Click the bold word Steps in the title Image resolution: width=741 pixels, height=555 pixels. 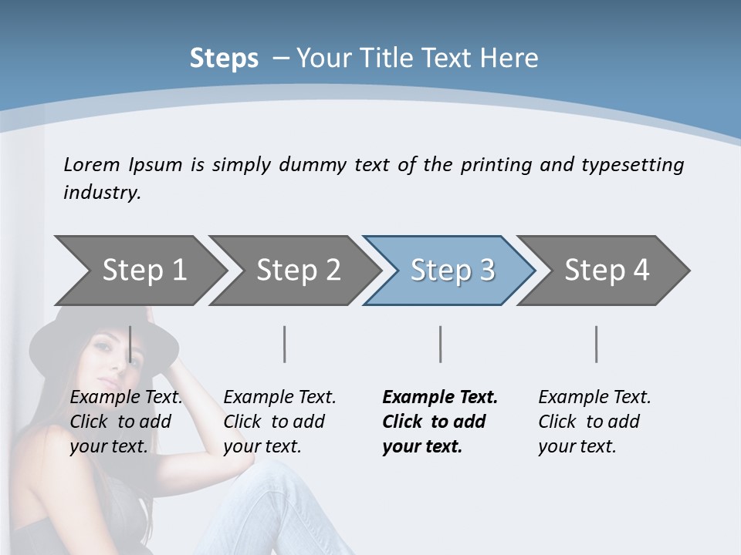[224, 59]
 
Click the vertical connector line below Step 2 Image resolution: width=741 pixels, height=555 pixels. [285, 344]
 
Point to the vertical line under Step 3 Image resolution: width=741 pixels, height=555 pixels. [440, 344]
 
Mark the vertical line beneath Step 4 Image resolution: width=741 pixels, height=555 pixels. [596, 344]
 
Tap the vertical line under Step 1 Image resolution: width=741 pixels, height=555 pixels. [130, 344]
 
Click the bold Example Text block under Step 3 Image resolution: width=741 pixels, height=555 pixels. [439, 422]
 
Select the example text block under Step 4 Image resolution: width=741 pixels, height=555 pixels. [594, 422]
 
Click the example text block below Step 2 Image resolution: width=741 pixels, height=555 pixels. [279, 422]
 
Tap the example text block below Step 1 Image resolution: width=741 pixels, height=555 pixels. [125, 422]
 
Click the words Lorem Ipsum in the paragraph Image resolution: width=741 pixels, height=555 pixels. [123, 165]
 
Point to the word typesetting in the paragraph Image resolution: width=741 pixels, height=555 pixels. [632, 165]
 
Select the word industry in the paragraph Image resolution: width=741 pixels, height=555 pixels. [101, 193]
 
